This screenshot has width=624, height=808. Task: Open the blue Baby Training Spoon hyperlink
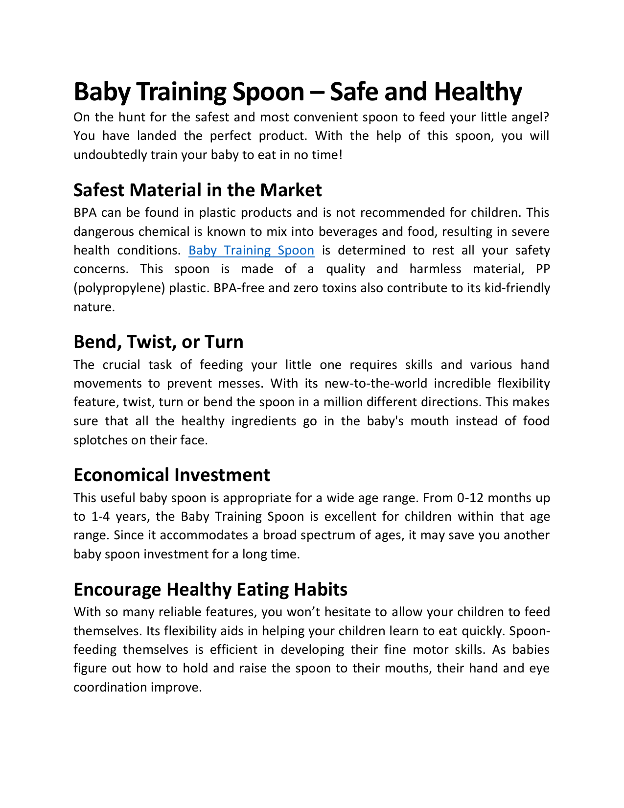click(251, 250)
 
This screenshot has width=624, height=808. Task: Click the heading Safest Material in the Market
click(197, 190)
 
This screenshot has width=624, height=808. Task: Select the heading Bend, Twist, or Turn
click(158, 342)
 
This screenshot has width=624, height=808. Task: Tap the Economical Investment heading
click(171, 475)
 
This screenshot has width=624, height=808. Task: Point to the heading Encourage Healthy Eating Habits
click(210, 589)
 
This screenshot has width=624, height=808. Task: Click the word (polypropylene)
click(119, 288)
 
